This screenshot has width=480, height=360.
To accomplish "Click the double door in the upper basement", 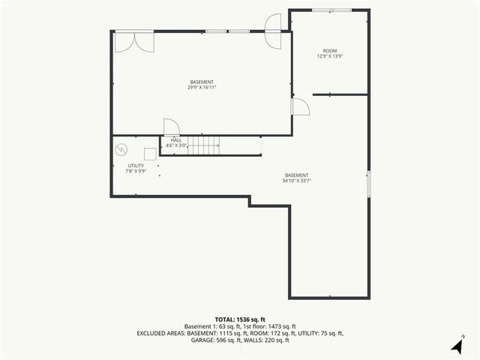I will pyautogui.click(x=134, y=42).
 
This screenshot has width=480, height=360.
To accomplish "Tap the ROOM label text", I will pyautogui.click(x=330, y=51).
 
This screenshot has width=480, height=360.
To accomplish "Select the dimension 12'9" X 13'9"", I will pyautogui.click(x=330, y=57).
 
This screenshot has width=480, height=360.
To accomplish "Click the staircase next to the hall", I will pyautogui.click(x=202, y=145).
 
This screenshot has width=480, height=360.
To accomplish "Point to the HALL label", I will pyautogui.click(x=176, y=139).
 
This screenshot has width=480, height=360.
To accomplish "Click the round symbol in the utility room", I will pyautogui.click(x=121, y=149).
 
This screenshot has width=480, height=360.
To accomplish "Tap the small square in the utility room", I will pyautogui.click(x=151, y=154).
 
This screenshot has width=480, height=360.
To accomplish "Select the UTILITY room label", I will pyautogui.click(x=136, y=165).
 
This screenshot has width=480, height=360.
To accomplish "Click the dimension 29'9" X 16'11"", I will pyautogui.click(x=202, y=87).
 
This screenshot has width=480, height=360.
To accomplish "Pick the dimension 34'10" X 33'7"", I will pyautogui.click(x=296, y=181).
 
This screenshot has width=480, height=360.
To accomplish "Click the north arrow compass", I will pyautogui.click(x=457, y=345).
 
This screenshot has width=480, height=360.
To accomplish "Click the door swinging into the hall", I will pyautogui.click(x=172, y=127).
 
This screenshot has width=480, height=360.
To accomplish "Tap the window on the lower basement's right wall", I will pyautogui.click(x=368, y=184).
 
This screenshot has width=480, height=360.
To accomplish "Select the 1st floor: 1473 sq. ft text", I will pyautogui.click(x=269, y=326).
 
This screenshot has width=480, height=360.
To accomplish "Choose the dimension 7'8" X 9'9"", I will pyautogui.click(x=136, y=171).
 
